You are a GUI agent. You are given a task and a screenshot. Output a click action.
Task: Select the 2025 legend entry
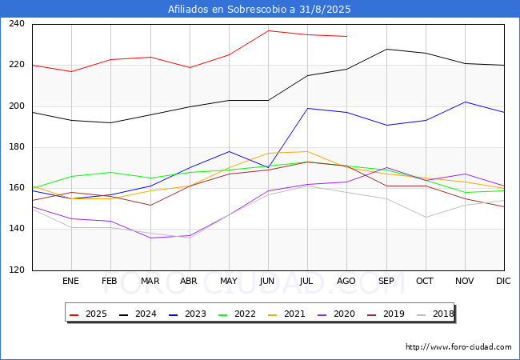(x=88, y=314)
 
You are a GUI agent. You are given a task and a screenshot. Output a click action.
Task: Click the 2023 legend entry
(x=187, y=314)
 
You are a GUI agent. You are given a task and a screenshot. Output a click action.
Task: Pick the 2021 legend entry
(x=286, y=314)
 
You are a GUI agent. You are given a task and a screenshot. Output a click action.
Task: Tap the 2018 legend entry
(x=435, y=314)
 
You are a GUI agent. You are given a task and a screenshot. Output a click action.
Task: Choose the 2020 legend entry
(x=336, y=314)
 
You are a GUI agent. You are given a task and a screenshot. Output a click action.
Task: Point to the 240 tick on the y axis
(x=17, y=23)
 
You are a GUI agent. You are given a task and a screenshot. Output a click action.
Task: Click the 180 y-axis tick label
(x=17, y=147)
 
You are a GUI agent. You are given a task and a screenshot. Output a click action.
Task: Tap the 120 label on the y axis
(x=17, y=270)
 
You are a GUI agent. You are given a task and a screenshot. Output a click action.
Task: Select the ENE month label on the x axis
(x=70, y=281)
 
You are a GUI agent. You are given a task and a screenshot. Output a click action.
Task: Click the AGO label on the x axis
(x=346, y=281)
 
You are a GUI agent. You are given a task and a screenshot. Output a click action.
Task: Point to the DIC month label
(x=503, y=281)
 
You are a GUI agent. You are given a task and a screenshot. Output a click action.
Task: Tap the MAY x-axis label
(x=229, y=281)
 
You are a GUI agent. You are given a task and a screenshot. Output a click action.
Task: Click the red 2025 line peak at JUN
(x=268, y=31)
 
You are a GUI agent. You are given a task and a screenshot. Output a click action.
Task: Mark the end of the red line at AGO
(x=347, y=37)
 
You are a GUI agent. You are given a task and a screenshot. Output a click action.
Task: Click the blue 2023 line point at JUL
(x=308, y=108)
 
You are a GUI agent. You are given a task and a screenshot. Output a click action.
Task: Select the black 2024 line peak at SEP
(x=386, y=49)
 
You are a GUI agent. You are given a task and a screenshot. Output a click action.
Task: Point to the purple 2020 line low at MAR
(x=150, y=238)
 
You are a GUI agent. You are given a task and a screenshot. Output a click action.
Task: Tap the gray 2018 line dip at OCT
(x=426, y=218)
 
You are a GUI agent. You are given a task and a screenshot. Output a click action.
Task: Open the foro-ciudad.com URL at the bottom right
(x=458, y=347)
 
